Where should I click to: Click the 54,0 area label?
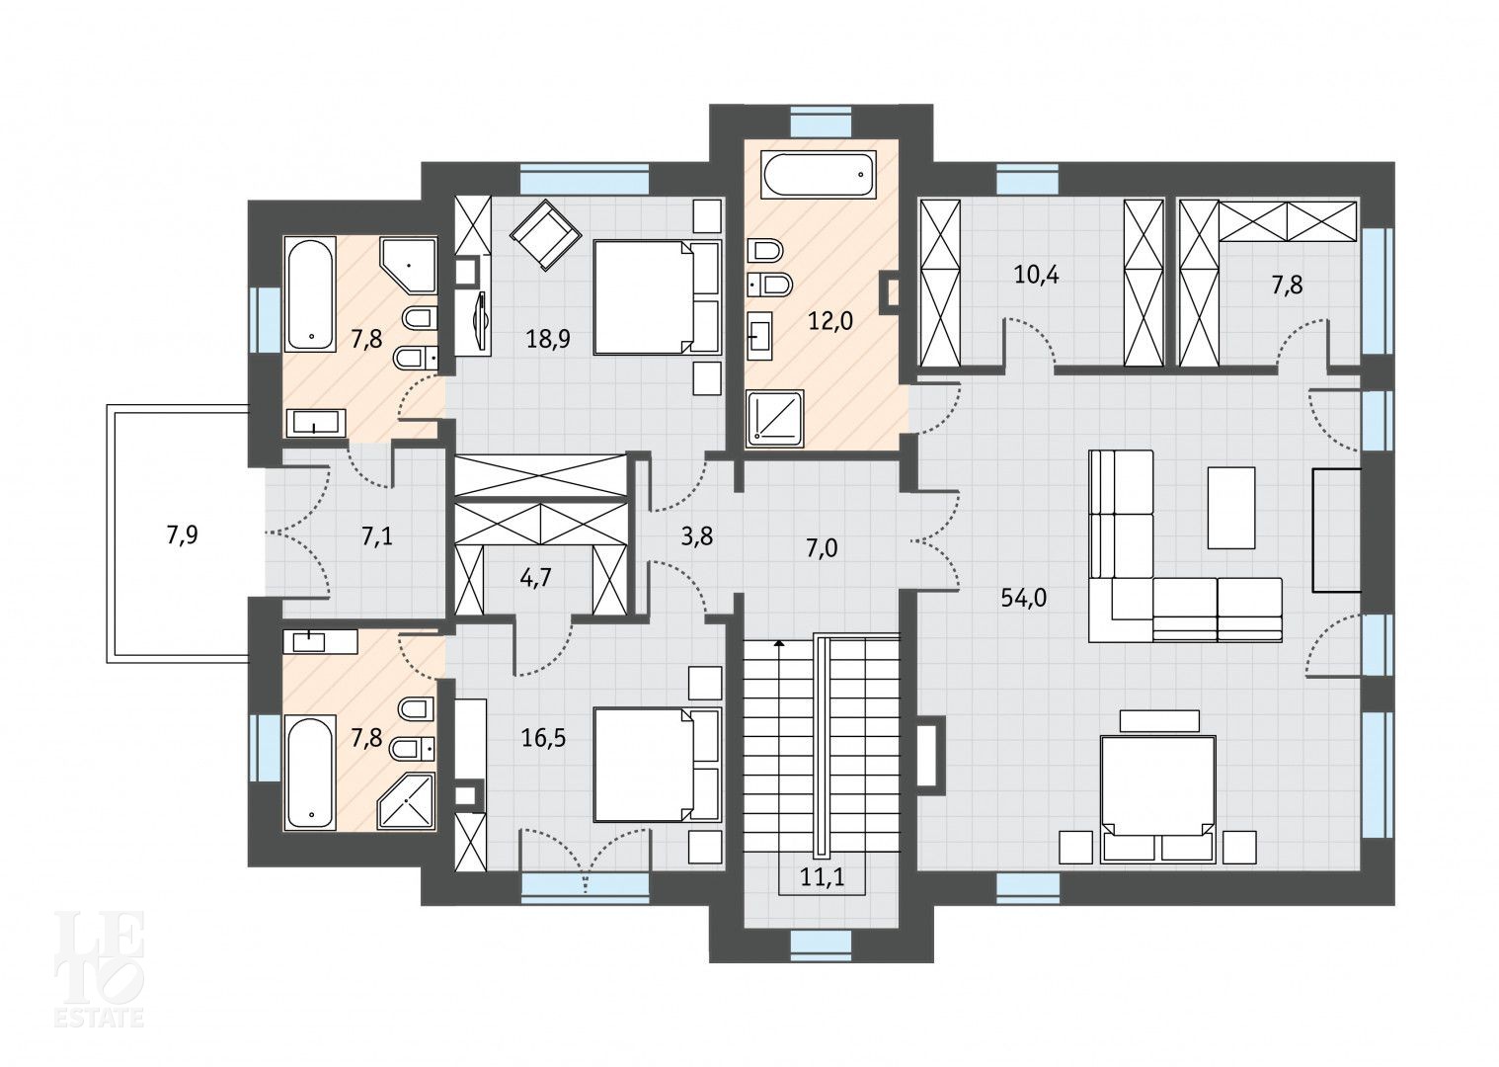(x=1024, y=598)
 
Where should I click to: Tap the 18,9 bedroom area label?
(x=548, y=340)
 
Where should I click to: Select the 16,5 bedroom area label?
(x=543, y=738)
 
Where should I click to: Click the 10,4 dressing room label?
(x=1037, y=275)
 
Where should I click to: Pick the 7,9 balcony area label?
(x=182, y=535)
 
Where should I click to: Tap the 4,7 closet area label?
(x=535, y=577)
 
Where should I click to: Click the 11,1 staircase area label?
(x=823, y=876)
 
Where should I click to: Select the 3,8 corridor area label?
(x=696, y=536)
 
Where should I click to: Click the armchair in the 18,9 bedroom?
(x=545, y=235)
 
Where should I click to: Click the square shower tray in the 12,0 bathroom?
(x=774, y=416)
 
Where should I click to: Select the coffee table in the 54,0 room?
(x=1231, y=508)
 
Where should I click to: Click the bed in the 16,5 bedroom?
(x=657, y=765)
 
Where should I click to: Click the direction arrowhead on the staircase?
(x=778, y=643)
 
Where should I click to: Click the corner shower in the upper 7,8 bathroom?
(x=409, y=265)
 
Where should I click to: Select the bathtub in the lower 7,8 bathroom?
(x=310, y=774)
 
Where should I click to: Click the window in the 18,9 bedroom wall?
(x=585, y=179)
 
